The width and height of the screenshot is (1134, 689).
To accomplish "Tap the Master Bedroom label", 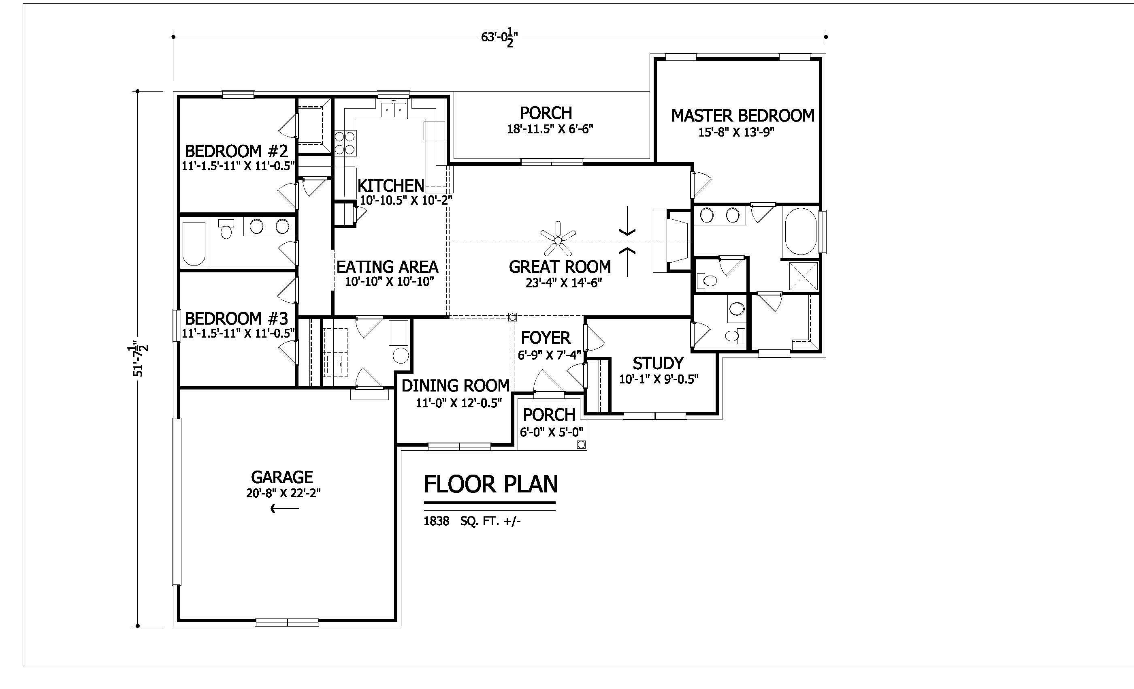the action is pos(743,116).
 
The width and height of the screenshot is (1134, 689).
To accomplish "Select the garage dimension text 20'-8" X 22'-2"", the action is pos(283,493).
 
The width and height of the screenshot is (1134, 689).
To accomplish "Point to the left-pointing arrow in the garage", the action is pos(285,509).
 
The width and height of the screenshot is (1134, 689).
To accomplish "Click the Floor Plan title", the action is pos(490,484).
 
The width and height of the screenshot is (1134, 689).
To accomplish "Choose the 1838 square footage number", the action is pos(436,521).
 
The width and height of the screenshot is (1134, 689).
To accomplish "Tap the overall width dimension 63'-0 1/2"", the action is pos(500,38).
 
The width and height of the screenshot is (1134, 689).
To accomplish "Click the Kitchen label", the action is pos(391,186).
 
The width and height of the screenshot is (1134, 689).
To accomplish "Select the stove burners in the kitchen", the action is pos(345,143).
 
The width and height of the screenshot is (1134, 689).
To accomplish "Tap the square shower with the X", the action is pos(803,276).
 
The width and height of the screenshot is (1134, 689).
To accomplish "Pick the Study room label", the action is pos(658,364).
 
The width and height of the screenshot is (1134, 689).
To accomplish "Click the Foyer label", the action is pos(546,338).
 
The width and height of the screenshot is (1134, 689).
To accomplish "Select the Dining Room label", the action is pos(456,385).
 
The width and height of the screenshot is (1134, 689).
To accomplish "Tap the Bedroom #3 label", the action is pos(237,318).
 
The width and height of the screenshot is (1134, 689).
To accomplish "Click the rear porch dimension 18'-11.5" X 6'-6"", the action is pos(550,129).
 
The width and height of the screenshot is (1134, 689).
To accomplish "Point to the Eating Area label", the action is pos(388,267).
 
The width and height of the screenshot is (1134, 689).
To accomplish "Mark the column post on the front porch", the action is pos(581,445).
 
